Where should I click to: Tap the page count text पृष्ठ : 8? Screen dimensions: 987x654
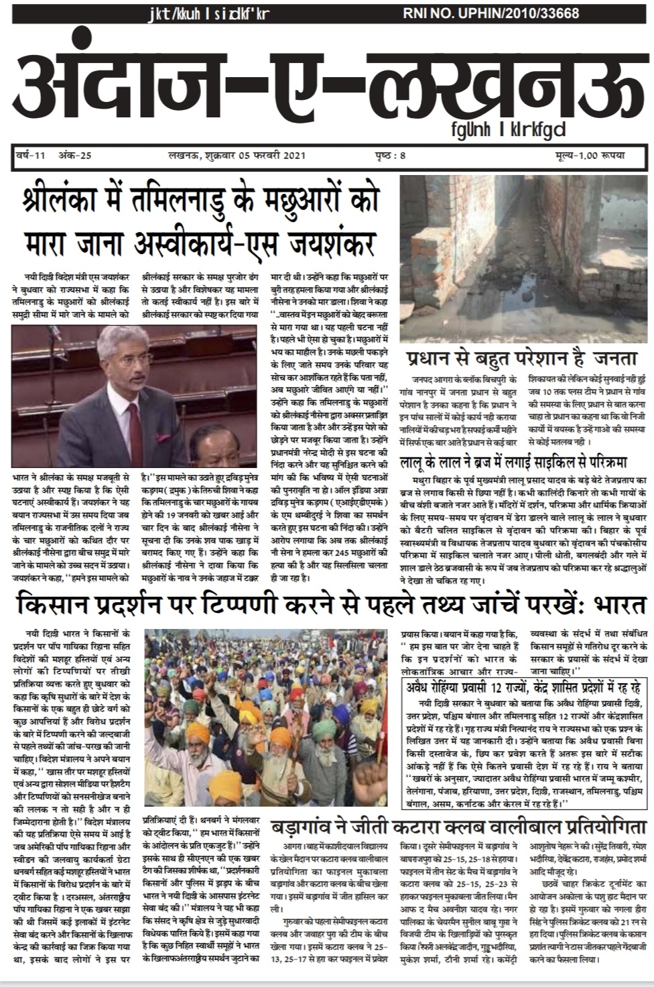pos(391,156)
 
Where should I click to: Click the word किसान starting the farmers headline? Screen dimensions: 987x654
pos(54,606)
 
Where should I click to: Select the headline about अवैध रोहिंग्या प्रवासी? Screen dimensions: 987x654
pos(524,687)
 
